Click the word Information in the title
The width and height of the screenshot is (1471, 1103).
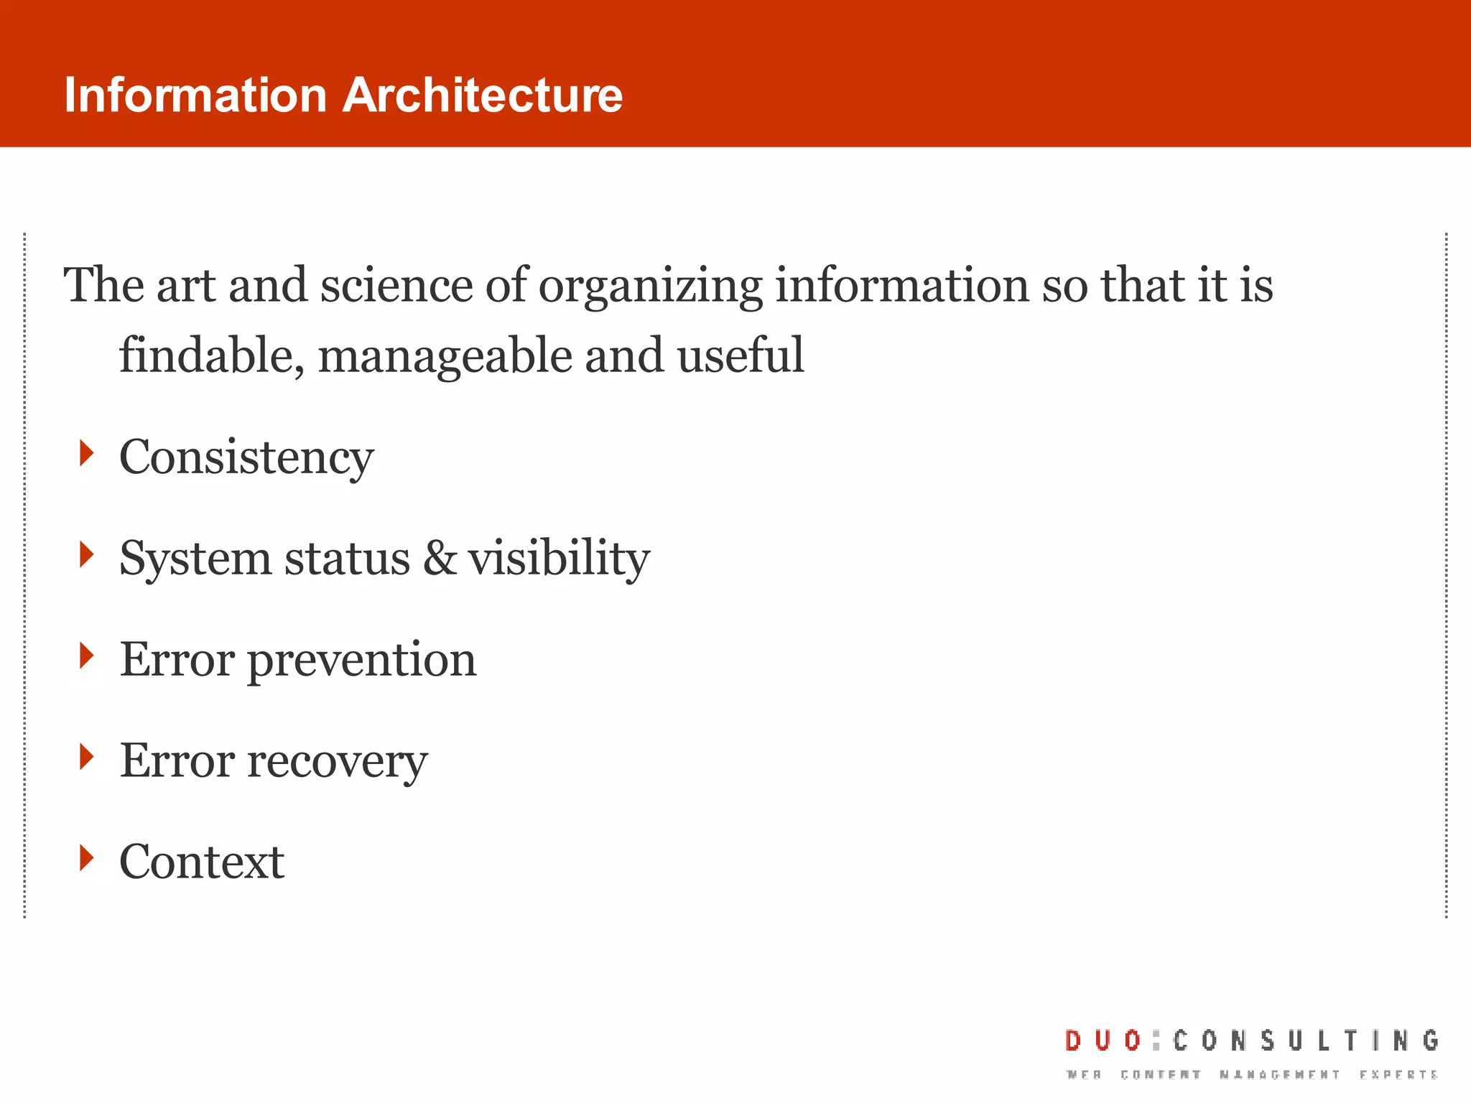(x=195, y=96)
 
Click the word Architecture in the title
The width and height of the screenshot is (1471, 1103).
(x=482, y=96)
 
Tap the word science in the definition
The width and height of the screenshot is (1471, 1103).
(x=396, y=286)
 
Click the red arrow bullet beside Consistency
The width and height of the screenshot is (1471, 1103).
(x=87, y=454)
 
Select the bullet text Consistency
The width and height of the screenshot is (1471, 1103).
(x=246, y=458)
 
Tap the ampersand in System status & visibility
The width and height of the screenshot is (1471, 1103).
(x=440, y=558)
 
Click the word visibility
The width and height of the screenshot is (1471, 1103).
(x=559, y=559)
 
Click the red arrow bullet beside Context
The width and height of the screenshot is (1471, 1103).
(x=87, y=857)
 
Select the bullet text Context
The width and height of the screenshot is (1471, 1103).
(x=202, y=862)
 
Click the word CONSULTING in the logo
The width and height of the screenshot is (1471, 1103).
(x=1306, y=1041)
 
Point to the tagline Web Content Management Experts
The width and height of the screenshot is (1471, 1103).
(x=1252, y=1075)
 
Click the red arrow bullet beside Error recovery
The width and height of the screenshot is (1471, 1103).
(x=87, y=757)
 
